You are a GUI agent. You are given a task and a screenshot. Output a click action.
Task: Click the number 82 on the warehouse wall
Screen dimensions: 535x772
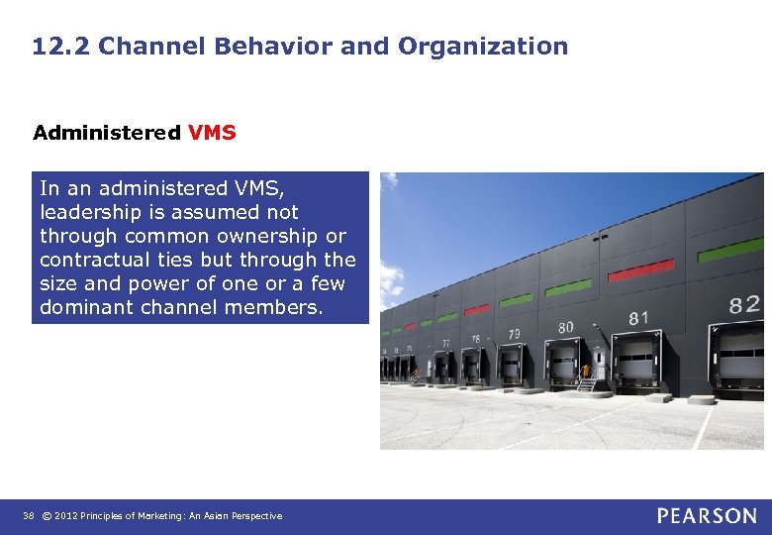point(744,304)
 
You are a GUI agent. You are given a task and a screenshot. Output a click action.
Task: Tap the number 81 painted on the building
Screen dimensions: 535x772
point(638,318)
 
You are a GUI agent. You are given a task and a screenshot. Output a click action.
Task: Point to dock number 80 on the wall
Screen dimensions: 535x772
point(565,327)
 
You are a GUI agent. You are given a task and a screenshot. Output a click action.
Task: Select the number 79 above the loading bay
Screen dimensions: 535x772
point(514,335)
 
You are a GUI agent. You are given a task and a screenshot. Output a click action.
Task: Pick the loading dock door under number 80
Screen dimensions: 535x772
point(563,364)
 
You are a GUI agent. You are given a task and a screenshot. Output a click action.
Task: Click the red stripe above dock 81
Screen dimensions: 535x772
point(639,270)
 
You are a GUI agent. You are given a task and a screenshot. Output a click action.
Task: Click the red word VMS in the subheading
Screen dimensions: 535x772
point(212,133)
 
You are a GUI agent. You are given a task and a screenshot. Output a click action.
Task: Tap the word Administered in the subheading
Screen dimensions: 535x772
point(106,133)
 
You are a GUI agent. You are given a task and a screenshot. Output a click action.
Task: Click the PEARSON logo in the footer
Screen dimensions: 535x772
point(707,515)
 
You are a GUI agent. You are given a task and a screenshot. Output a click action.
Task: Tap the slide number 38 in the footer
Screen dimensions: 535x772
point(27,516)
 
